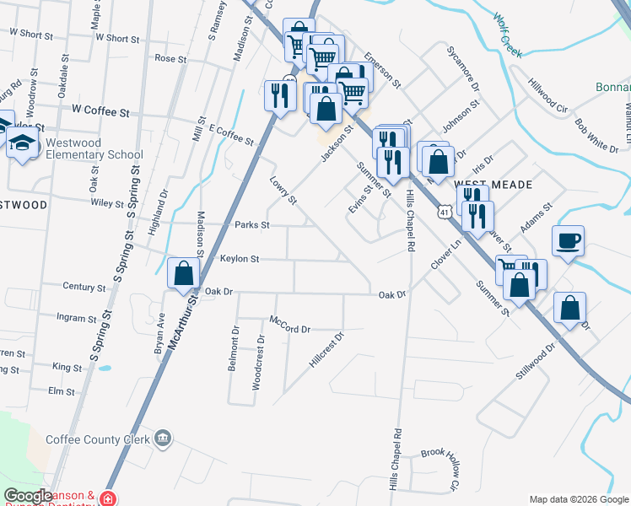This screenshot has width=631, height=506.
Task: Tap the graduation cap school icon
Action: click(x=22, y=143)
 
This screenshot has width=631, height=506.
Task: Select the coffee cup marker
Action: click(x=569, y=241)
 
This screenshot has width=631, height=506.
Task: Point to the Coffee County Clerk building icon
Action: click(x=164, y=439)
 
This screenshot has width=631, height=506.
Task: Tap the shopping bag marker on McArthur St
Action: click(x=183, y=274)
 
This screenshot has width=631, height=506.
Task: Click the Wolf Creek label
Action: click(x=508, y=35)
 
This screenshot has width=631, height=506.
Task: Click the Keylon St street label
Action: click(x=240, y=259)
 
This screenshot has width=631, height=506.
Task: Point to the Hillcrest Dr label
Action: click(x=327, y=349)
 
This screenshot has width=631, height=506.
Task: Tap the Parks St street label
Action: click(x=252, y=225)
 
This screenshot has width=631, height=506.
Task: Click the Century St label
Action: click(x=85, y=287)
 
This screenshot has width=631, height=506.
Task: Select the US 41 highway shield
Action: click(x=444, y=213)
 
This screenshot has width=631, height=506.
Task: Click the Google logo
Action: click(x=29, y=496)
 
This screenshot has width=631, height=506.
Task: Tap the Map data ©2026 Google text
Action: click(x=578, y=499)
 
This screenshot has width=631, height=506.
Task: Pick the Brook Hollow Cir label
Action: click(x=440, y=469)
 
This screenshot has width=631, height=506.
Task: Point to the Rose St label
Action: click(x=170, y=59)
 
